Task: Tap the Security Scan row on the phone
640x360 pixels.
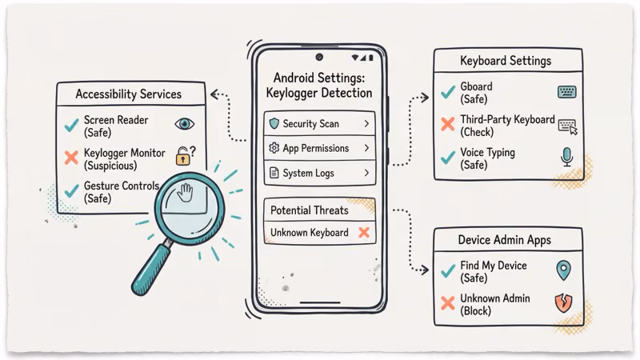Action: coord(319,124)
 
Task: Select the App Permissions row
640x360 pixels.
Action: coord(319,148)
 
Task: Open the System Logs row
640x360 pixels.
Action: coord(319,173)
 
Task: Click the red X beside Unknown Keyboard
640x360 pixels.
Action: coord(363,233)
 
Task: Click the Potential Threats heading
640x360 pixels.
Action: coord(309,210)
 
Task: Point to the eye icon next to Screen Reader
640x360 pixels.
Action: coord(185,124)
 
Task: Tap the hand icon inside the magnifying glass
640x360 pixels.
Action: coord(186,194)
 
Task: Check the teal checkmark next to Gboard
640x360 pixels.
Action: coord(447,92)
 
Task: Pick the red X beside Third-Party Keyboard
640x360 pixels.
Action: coord(447,126)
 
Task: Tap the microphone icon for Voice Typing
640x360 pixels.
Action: coord(567,158)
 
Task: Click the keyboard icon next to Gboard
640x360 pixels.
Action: coord(567,93)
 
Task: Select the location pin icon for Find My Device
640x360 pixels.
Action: coord(564,270)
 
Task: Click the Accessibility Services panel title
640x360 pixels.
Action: coord(128,94)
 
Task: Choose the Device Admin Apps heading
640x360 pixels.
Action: coord(504,239)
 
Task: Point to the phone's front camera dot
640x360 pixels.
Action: coord(319,58)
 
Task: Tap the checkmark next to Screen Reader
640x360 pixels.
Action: coord(70,125)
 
